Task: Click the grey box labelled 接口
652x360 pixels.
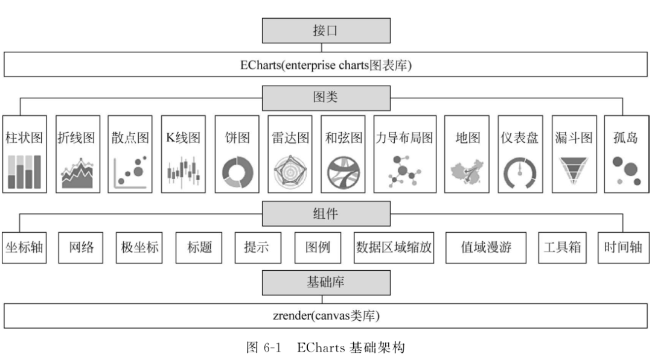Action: [326, 30]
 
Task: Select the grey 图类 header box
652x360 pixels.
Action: [326, 98]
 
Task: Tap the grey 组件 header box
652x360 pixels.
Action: [326, 213]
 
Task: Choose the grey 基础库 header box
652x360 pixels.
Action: [326, 282]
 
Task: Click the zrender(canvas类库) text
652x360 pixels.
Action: [326, 315]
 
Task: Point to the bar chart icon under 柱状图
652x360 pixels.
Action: [24, 172]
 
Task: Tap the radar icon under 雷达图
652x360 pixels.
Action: [290, 172]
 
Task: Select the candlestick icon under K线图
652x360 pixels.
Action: [183, 172]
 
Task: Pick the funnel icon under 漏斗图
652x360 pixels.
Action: [573, 172]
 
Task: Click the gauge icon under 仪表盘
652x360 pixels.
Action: [520, 172]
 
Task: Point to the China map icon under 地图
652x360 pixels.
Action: [467, 172]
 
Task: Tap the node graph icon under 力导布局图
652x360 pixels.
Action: [404, 171]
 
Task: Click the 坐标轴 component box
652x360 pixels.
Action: [24, 247]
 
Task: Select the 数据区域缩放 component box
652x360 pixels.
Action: [394, 247]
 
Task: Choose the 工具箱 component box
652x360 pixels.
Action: [562, 247]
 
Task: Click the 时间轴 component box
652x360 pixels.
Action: [623, 247]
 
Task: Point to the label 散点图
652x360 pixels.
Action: [130, 138]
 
